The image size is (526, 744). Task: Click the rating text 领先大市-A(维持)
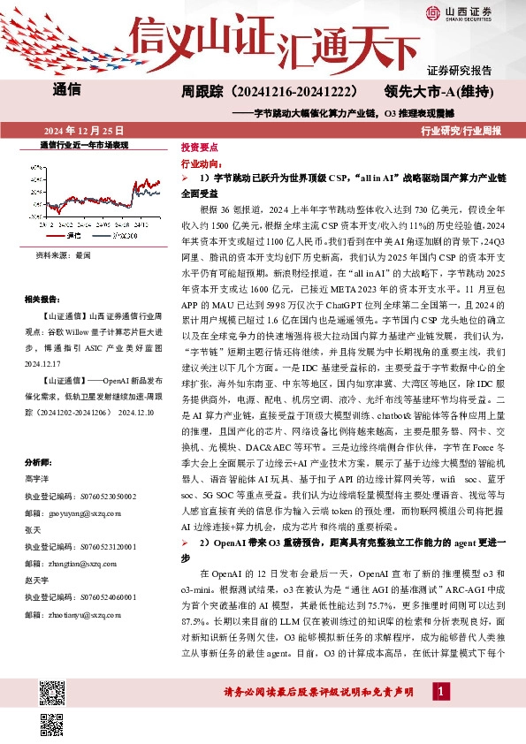tap(439, 91)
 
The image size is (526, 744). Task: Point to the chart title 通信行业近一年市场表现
tap(84, 144)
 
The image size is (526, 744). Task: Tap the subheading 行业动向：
tap(200, 163)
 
